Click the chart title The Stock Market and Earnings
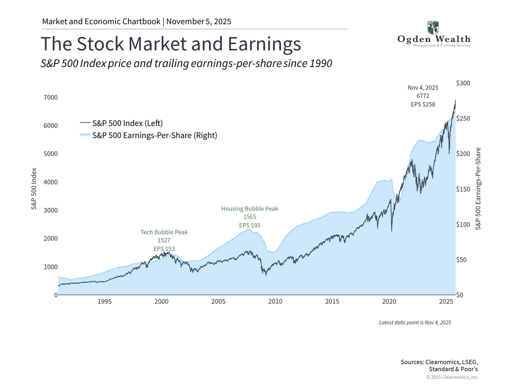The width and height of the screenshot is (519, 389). pyautogui.click(x=171, y=44)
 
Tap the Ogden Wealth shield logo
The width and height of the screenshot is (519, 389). pyautogui.click(x=433, y=28)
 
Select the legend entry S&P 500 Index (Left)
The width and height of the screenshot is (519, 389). pyautogui.click(x=127, y=123)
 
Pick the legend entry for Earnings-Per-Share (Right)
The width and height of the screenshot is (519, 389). pyautogui.click(x=154, y=135)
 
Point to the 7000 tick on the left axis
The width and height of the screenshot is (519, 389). pyautogui.click(x=51, y=98)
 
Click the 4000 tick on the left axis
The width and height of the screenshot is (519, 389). pyautogui.click(x=51, y=182)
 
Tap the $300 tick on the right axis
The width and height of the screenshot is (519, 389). pyautogui.click(x=463, y=83)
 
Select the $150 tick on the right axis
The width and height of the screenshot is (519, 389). pyautogui.click(x=463, y=189)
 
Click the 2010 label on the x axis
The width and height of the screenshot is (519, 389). pyautogui.click(x=275, y=301)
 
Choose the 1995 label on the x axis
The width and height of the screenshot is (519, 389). pyautogui.click(x=104, y=301)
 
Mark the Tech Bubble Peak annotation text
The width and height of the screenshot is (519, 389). pyautogui.click(x=164, y=232)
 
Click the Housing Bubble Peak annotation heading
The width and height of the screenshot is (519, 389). pyautogui.click(x=249, y=209)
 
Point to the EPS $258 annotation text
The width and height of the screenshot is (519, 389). pyautogui.click(x=423, y=105)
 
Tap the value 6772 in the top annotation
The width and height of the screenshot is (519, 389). pyautogui.click(x=423, y=96)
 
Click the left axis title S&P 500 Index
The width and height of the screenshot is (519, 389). pyautogui.click(x=34, y=189)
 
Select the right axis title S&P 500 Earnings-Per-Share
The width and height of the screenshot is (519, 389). pyautogui.click(x=478, y=189)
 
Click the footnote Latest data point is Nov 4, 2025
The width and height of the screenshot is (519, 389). pyautogui.click(x=415, y=323)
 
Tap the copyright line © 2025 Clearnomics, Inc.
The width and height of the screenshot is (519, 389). pyautogui.click(x=452, y=377)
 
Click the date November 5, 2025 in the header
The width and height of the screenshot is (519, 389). pyautogui.click(x=199, y=22)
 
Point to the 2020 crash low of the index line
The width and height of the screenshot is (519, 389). pyautogui.click(x=392, y=231)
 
